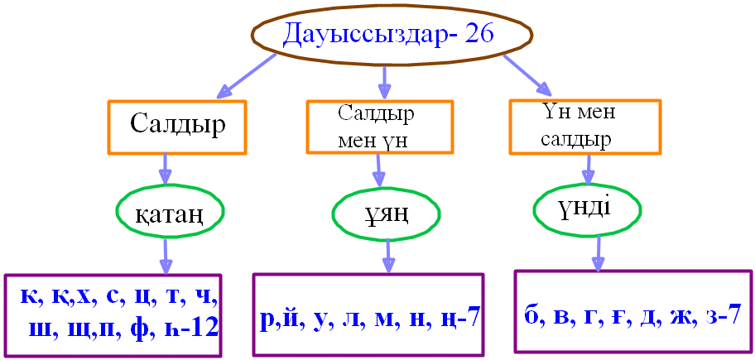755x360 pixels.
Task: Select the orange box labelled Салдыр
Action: (176, 127)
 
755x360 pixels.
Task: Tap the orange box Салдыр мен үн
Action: (379, 127)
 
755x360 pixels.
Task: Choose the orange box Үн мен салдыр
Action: (584, 126)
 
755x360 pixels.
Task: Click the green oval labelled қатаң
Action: (169, 214)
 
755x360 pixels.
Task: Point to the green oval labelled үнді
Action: (587, 208)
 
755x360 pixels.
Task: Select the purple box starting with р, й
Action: (368, 317)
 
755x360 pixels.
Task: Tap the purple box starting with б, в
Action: (632, 314)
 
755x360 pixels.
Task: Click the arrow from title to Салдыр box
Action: (246, 75)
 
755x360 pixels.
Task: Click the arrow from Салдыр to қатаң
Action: (166, 170)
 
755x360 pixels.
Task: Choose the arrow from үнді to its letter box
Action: (594, 252)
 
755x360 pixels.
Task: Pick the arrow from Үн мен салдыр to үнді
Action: (588, 169)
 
